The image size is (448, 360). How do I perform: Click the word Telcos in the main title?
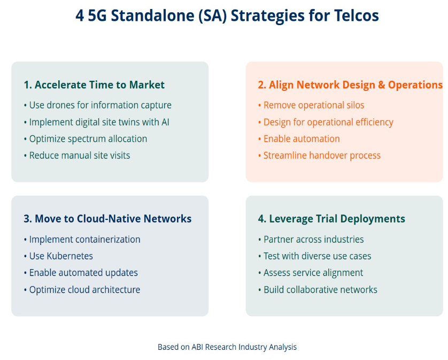click(x=356, y=16)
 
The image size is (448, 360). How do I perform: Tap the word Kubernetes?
click(x=69, y=256)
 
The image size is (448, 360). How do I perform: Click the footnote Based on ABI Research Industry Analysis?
click(x=227, y=347)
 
